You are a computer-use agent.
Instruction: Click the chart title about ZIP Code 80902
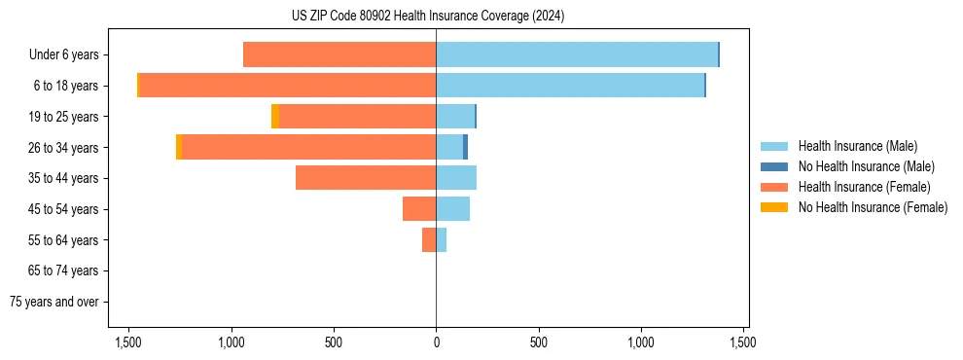tap(428, 17)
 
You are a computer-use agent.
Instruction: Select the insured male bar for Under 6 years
tap(576, 54)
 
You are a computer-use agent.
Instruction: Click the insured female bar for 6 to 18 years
tap(287, 86)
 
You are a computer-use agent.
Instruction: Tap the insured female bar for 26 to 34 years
tap(308, 147)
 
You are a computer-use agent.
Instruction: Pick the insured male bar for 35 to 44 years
tap(456, 178)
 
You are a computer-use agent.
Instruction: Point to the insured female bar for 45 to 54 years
tap(419, 209)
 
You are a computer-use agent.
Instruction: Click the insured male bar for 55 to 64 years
tap(441, 239)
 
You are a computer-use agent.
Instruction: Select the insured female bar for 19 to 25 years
tap(357, 117)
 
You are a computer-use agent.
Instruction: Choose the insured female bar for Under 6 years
tap(339, 54)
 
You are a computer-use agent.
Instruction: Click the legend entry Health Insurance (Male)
tap(857, 147)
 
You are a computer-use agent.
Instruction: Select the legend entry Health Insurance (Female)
tap(864, 187)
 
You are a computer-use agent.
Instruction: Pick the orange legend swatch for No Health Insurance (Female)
tap(774, 207)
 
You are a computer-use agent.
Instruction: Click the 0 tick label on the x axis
tap(436, 342)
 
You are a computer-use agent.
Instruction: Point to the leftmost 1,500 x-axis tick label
tap(128, 342)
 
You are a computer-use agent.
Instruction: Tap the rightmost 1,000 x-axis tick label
tap(641, 342)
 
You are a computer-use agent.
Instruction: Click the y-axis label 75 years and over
tap(53, 302)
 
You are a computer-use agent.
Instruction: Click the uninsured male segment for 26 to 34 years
tap(465, 147)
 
